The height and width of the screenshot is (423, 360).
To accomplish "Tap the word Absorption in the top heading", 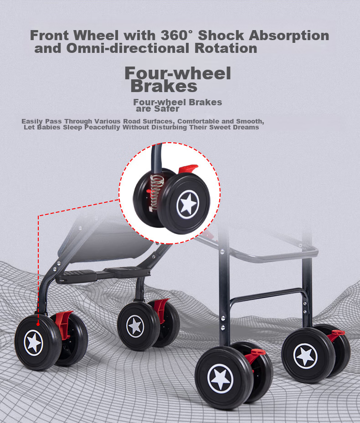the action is pyautogui.click(x=289, y=36).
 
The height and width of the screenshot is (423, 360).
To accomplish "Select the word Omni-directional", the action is pyautogui.click(x=128, y=48).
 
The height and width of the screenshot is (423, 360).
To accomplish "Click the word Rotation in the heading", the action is pyautogui.click(x=226, y=48).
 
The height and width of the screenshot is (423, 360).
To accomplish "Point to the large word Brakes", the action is pyautogui.click(x=164, y=86).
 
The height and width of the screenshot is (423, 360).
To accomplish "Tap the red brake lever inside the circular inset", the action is pyautogui.click(x=188, y=169).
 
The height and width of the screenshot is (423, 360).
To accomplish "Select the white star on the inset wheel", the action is pyautogui.click(x=188, y=204).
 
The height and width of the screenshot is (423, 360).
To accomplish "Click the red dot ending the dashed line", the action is pyautogui.click(x=38, y=324).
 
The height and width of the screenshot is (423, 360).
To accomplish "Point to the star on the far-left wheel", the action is pyautogui.click(x=34, y=343).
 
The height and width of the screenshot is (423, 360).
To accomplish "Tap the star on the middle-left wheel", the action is pyautogui.click(x=135, y=326).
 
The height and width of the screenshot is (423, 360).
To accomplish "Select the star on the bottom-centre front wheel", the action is pyautogui.click(x=220, y=378).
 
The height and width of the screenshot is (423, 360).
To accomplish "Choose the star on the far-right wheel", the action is pyautogui.click(x=305, y=356).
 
